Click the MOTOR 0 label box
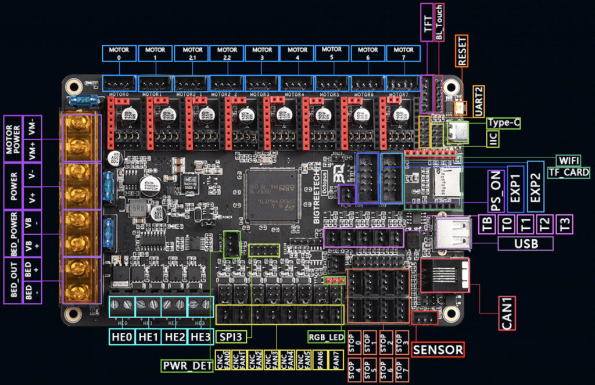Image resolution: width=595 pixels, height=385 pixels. pos(119,53)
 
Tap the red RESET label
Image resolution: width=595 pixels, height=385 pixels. pos(462,51)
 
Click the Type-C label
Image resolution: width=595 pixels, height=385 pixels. pos(503,123)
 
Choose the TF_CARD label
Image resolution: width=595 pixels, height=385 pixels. pos(569,172)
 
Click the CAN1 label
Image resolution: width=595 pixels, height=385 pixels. pos(507,314)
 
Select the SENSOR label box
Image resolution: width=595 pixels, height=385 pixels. pos(438,350)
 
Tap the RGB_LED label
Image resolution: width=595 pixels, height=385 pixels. pos(325,337)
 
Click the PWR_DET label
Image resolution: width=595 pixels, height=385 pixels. pos(187,366)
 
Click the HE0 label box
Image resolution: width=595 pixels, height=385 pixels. pos(122,337)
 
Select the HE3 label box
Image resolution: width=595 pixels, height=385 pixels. pos(200,337)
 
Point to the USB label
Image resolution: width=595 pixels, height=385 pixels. pos(525,243)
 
